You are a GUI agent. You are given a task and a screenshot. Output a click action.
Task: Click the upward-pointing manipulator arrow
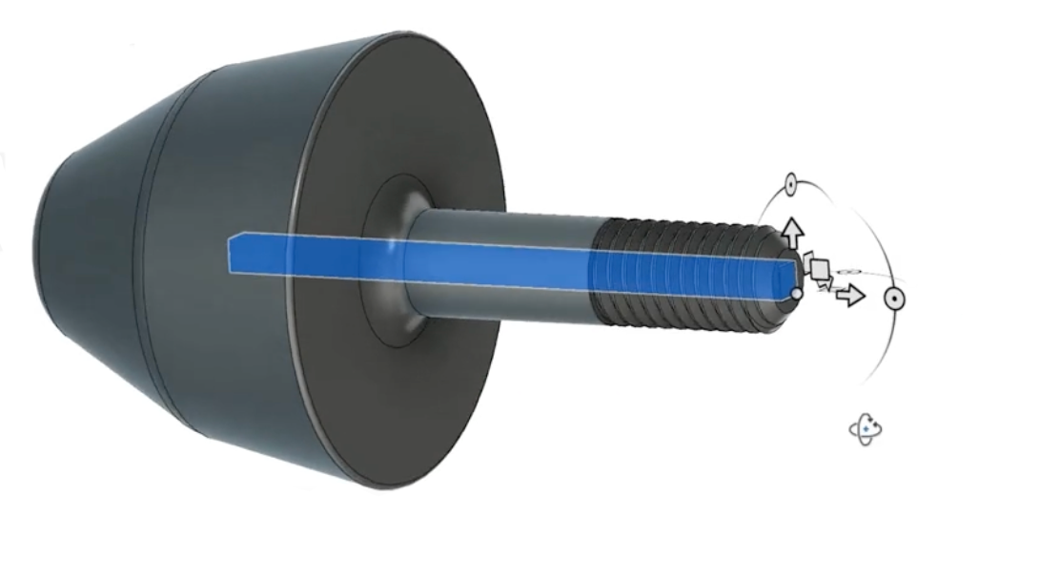[790, 231]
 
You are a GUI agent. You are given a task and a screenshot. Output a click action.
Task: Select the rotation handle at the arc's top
[790, 183]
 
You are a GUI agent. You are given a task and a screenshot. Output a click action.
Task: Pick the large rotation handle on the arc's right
[893, 299]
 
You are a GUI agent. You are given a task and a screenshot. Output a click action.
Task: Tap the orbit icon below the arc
[865, 430]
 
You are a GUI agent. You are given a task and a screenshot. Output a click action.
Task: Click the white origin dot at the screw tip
[797, 293]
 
